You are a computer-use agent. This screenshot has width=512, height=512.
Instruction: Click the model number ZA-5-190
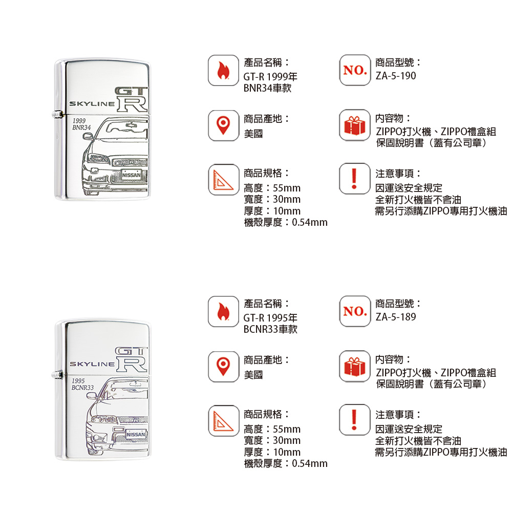[395, 76]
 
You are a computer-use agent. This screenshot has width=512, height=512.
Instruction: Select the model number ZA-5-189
[395, 317]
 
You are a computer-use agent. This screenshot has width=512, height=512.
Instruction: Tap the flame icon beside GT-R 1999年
[223, 71]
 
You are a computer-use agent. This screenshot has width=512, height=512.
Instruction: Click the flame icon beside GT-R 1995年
[223, 311]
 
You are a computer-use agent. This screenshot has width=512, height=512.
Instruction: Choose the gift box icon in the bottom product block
[355, 367]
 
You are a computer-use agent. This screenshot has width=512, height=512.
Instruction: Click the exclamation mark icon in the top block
[354, 179]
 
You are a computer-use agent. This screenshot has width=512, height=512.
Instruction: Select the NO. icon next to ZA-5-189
[355, 311]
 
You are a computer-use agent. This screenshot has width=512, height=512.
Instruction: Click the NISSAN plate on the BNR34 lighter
[131, 175]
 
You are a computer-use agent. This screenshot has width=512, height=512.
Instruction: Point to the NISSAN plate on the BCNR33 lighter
[136, 434]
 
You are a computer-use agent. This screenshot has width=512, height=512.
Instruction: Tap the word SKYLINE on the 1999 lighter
[92, 104]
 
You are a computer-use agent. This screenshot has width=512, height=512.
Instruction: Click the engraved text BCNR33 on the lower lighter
[82, 388]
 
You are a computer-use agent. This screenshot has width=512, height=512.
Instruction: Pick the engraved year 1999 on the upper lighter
[79, 120]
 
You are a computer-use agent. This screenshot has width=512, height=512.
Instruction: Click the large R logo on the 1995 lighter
[132, 365]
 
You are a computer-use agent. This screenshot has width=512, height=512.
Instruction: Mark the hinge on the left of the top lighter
[57, 114]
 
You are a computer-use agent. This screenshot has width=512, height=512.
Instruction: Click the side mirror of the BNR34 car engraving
[88, 136]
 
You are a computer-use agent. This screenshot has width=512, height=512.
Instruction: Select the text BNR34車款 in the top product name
[267, 88]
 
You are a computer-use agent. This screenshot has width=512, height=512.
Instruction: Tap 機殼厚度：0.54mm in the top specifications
[286, 222]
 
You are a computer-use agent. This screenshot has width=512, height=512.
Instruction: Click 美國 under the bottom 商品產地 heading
[253, 375]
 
